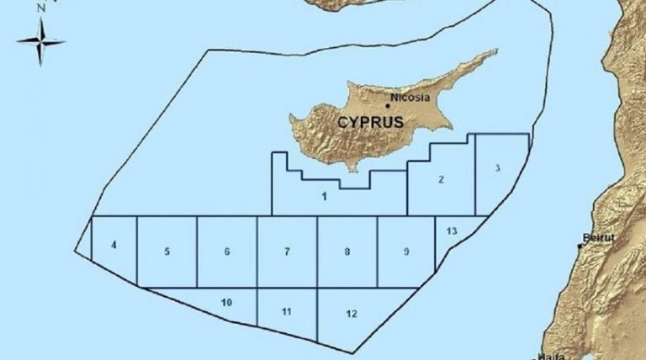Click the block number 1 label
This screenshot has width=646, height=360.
point(324,197)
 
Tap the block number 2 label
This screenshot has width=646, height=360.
point(441,178)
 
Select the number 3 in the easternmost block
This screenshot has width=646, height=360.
point(498,168)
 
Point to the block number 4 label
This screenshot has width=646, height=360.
point(114,245)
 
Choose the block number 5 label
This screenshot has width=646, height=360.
point(167,251)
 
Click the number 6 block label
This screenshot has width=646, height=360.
point(227,251)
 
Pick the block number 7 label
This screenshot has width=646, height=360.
point(287,251)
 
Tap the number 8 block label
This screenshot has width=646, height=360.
point(347,251)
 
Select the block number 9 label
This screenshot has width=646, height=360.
point(406,251)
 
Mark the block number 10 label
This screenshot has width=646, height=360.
point(226,302)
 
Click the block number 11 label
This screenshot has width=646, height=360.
point(287,312)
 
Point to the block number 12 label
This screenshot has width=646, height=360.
point(352,314)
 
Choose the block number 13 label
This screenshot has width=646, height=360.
point(452,230)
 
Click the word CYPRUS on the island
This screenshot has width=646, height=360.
point(370,122)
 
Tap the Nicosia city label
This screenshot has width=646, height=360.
point(412,98)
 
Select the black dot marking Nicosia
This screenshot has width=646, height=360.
point(388,106)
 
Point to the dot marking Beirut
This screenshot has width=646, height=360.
point(580,246)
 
